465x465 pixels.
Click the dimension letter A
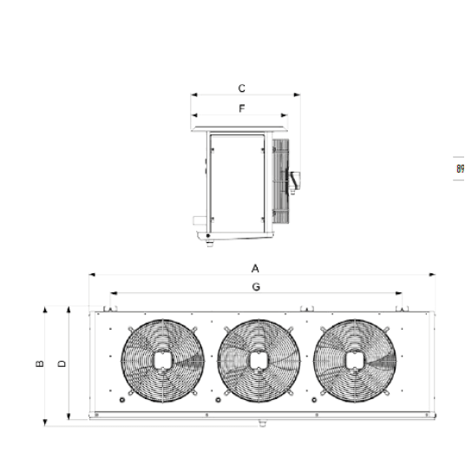255,269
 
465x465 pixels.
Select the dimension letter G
256,287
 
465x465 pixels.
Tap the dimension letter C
242,88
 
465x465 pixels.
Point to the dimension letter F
242,108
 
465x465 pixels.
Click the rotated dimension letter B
39,363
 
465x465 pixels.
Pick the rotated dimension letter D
62,363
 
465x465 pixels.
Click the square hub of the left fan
162,361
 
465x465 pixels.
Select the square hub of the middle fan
259,361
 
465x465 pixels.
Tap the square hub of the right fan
355,361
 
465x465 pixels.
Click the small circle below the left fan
121,400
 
